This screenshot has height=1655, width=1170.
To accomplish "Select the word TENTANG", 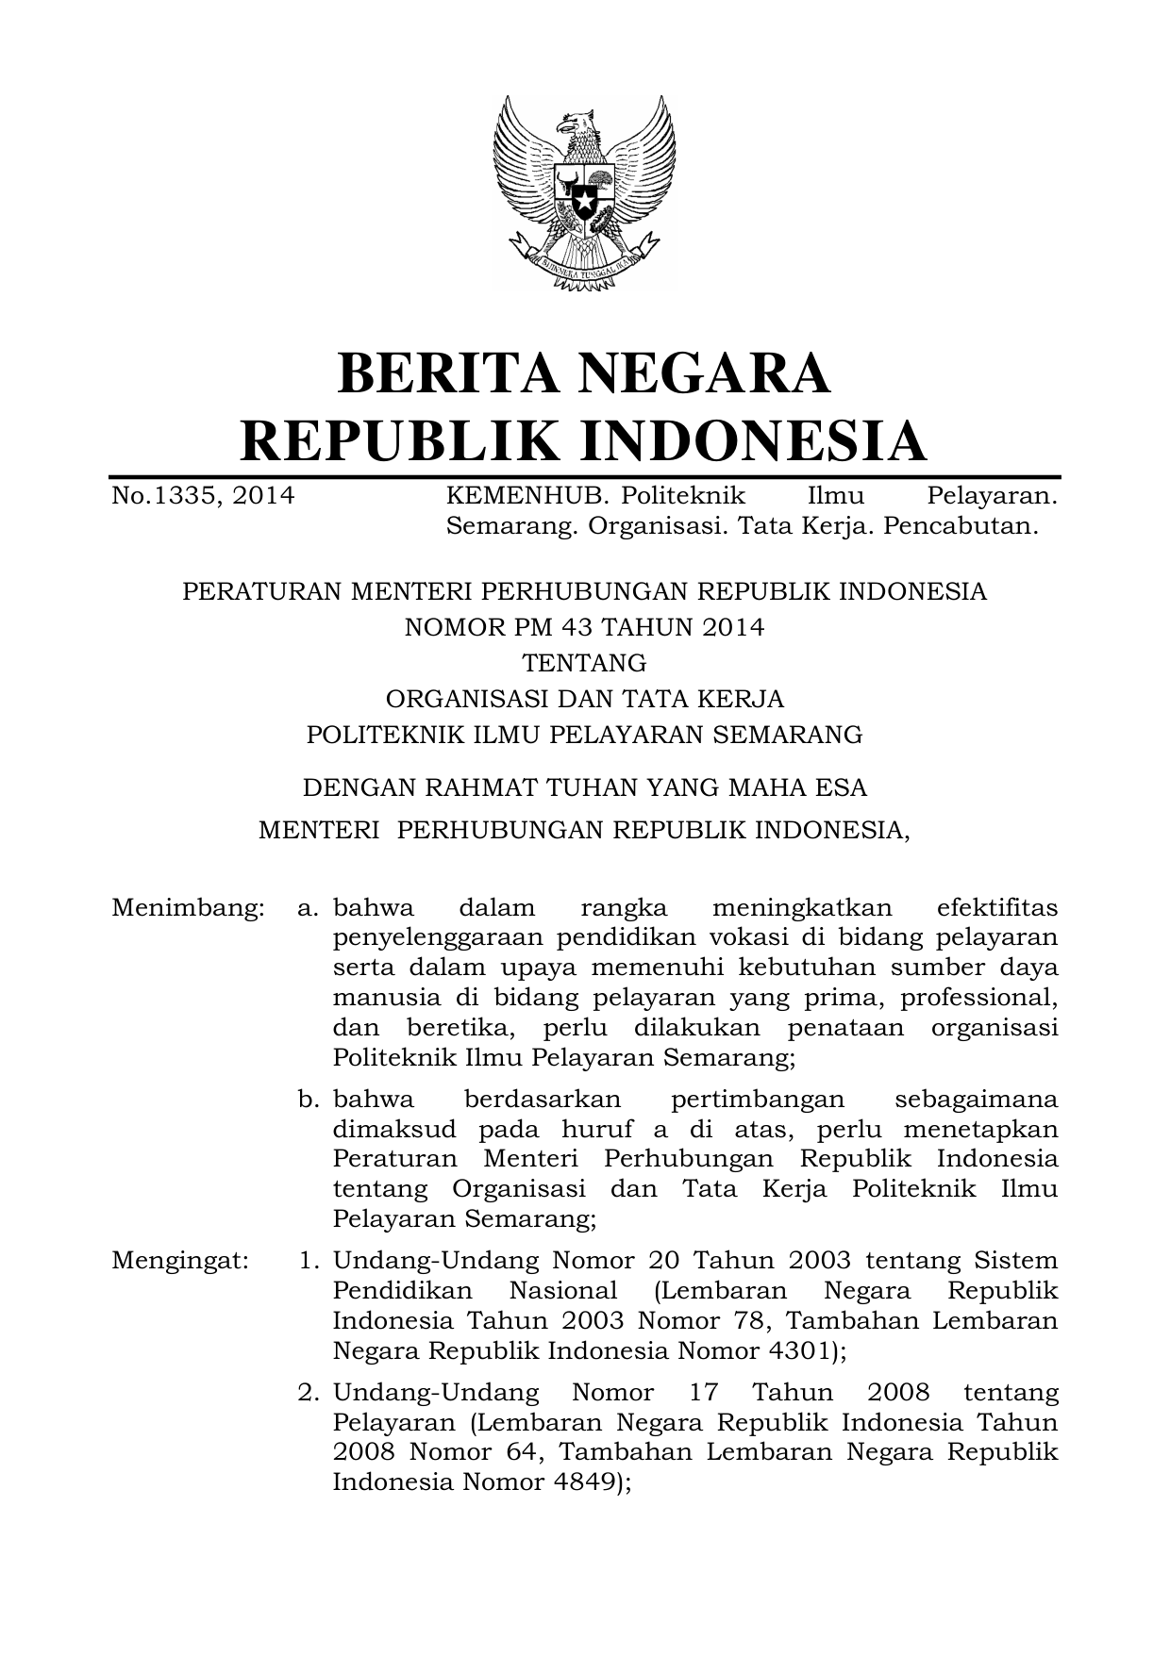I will click(584, 663).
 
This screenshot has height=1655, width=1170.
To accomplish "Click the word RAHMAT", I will click(475, 786).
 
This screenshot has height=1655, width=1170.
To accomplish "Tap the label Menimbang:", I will click(187, 908).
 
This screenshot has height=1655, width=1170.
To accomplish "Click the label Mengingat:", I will click(180, 1261).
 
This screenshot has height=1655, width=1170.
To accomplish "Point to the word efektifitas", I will click(997, 908).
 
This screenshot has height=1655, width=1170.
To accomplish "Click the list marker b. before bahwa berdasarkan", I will click(309, 1100).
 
